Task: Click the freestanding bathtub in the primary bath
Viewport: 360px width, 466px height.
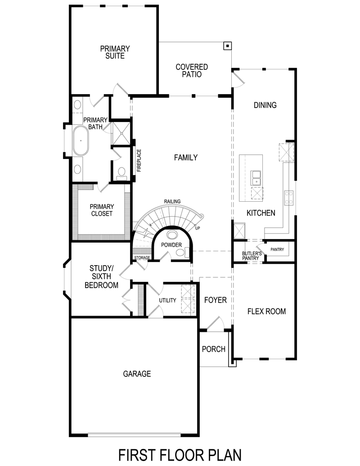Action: (x=81, y=140)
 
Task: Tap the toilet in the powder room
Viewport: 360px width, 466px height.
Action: (x=181, y=253)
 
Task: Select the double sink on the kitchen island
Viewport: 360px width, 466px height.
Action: (x=256, y=177)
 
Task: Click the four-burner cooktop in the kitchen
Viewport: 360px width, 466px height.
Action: (x=288, y=197)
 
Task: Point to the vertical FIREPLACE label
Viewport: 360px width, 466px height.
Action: (x=139, y=160)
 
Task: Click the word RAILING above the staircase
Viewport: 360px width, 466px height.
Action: (x=172, y=201)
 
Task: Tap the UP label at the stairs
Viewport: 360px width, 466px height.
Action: (x=198, y=228)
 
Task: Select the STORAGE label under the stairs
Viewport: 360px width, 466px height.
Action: (x=142, y=258)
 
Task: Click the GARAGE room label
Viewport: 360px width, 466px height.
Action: (x=137, y=374)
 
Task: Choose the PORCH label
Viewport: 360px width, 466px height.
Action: (x=213, y=349)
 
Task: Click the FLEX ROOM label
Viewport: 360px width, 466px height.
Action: (x=266, y=311)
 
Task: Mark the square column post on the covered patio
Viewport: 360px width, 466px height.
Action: (x=228, y=45)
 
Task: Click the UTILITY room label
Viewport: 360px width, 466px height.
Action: (x=167, y=300)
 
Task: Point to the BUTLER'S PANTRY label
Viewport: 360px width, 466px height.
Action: (x=250, y=256)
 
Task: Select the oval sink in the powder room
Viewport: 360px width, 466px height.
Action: (x=172, y=235)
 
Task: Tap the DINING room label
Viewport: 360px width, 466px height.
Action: (x=265, y=105)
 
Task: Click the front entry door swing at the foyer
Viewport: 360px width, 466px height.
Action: (x=216, y=323)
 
